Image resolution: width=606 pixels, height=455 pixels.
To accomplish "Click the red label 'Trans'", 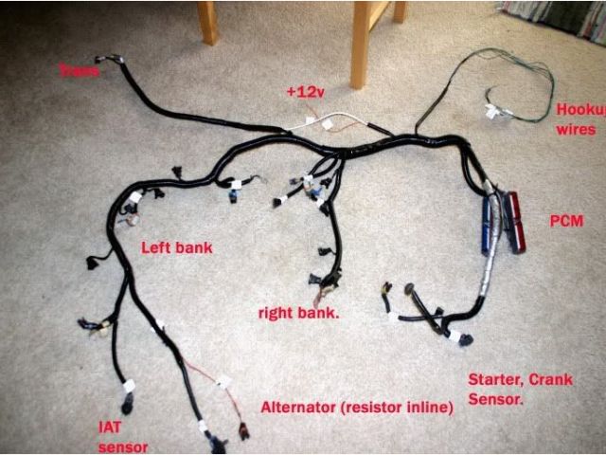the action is [79, 69].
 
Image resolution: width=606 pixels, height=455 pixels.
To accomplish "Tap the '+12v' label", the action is [305, 92].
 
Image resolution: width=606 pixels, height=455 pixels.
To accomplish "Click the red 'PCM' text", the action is [565, 221].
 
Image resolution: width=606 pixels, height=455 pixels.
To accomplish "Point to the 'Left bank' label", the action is [176, 248].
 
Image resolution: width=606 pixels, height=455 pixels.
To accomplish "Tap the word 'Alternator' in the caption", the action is [298, 407].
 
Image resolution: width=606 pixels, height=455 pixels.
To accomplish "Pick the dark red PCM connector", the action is [515, 222].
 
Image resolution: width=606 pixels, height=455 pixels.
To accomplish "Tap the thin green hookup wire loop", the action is [511, 71].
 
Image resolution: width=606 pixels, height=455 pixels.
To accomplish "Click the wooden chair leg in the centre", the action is [361, 43].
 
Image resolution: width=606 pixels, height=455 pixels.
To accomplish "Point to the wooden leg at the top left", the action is [207, 21].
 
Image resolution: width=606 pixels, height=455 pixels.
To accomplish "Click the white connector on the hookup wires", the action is [492, 111].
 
